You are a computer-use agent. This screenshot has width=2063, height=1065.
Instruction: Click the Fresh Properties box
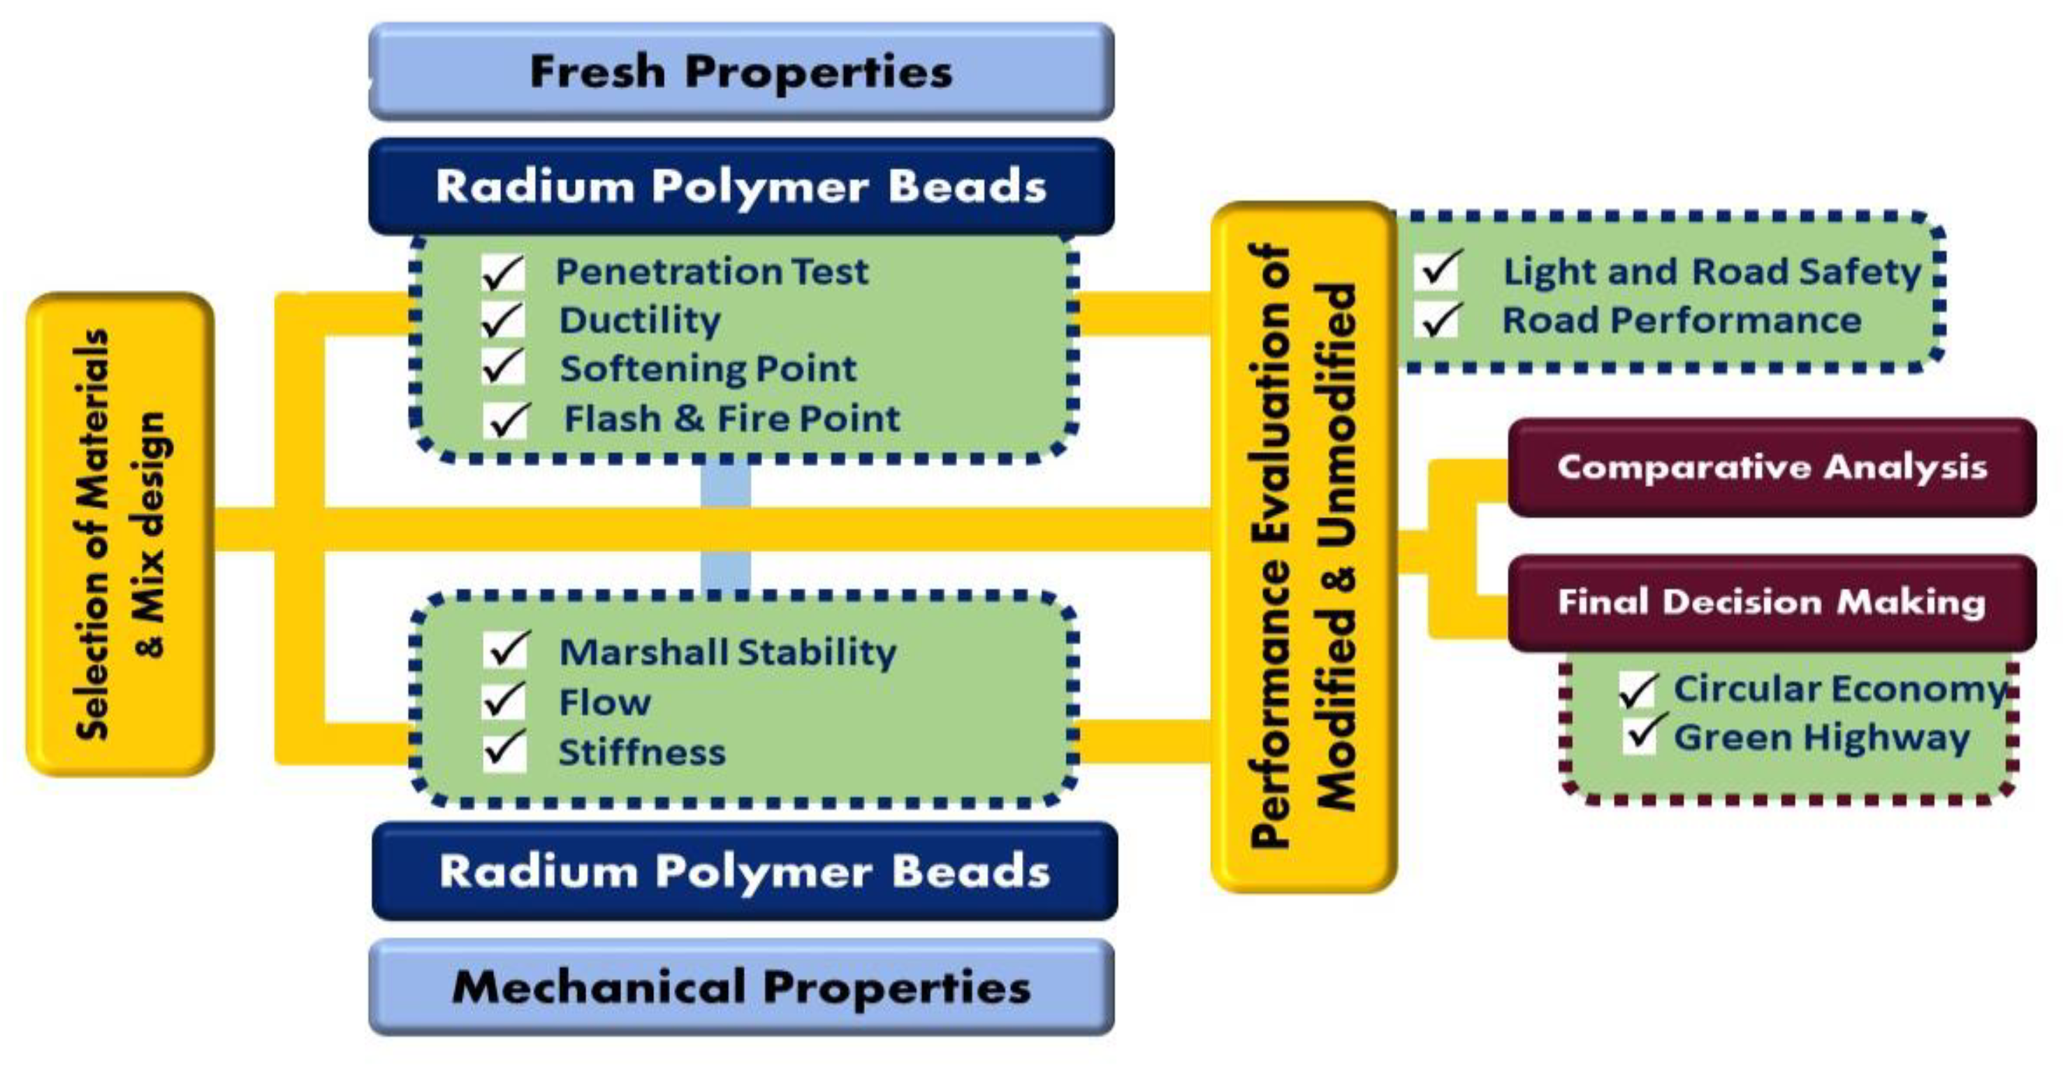[741, 72]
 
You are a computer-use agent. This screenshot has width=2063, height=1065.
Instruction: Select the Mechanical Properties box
[741, 987]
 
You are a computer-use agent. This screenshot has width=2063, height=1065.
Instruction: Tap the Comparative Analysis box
[1772, 468]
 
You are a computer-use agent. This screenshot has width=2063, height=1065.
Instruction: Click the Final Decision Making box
[1772, 602]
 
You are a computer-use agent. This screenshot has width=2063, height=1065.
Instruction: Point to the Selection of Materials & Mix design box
[120, 534]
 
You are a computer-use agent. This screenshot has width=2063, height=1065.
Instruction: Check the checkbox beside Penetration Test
[503, 273]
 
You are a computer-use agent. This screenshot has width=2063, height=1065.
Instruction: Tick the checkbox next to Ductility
[503, 321]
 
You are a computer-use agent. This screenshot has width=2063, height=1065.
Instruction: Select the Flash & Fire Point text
[732, 419]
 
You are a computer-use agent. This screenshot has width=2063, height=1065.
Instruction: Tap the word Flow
[604, 703]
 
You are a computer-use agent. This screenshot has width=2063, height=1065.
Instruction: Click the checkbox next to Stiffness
[504, 751]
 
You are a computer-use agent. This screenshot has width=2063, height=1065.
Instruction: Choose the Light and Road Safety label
[1712, 272]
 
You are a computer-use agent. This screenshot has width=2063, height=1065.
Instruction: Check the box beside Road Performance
[1438, 320]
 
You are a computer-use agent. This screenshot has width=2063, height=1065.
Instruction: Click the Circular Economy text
[1839, 689]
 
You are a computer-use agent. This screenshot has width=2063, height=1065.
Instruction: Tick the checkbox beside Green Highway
[1640, 735]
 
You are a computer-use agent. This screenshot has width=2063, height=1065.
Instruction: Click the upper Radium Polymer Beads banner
[741, 186]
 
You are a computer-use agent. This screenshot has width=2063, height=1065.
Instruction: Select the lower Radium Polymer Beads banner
[745, 871]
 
